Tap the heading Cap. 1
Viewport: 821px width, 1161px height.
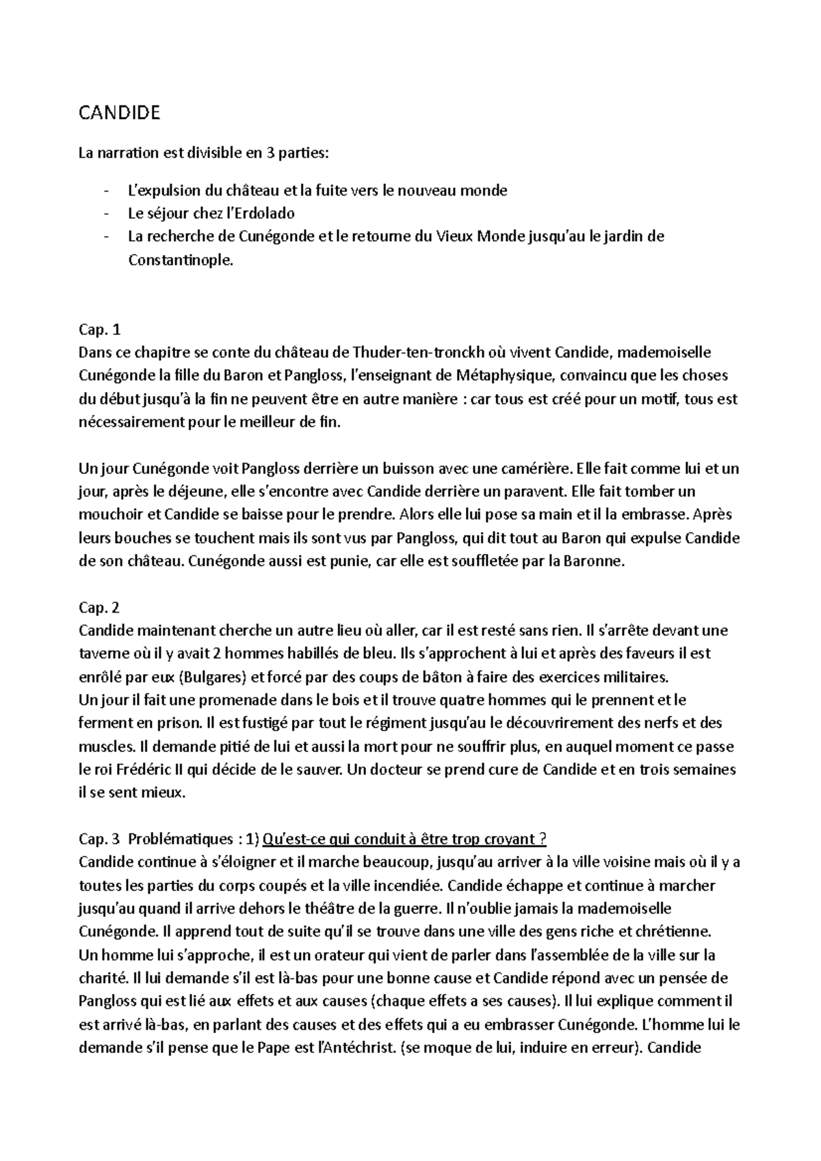[100, 330]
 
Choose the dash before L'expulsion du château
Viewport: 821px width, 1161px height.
[105, 191]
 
